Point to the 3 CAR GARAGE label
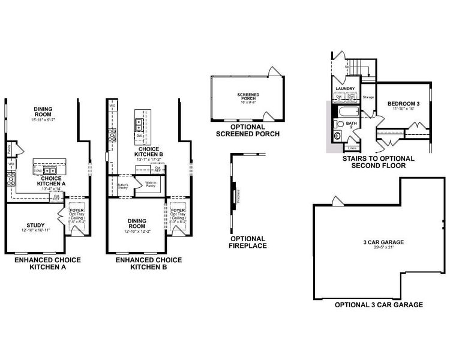pos(366,242)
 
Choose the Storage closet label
pos(368,97)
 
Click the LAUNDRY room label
pos(346,89)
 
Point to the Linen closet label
pos(352,147)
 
